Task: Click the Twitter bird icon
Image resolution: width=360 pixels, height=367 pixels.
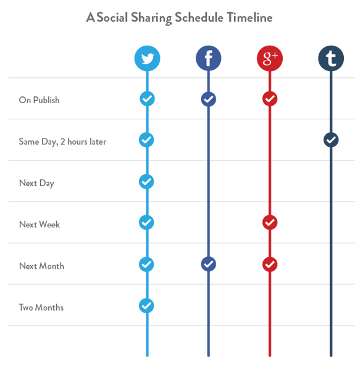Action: (147, 58)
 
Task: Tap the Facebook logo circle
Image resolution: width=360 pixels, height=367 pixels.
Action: (208, 58)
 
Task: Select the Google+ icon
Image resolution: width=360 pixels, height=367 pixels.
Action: (270, 58)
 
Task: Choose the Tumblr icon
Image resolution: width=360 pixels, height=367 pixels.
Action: (331, 58)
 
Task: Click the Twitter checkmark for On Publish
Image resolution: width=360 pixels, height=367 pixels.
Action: (147, 98)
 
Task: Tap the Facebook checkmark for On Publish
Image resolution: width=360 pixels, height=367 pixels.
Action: (208, 99)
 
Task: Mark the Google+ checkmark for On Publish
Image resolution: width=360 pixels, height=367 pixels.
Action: (270, 99)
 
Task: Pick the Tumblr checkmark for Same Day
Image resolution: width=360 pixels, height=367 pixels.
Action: (331, 140)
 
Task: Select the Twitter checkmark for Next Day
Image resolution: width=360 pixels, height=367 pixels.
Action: (146, 181)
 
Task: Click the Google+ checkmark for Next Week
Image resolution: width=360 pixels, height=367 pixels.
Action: (270, 222)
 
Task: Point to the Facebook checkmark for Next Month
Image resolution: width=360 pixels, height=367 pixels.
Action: (208, 264)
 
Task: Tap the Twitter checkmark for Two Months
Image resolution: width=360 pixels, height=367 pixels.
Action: (146, 305)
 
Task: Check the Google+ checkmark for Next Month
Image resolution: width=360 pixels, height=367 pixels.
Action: (270, 264)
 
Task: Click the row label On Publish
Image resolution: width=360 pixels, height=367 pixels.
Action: (39, 100)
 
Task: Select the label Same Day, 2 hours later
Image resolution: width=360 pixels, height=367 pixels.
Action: (62, 141)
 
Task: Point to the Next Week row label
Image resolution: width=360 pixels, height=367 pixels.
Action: (40, 224)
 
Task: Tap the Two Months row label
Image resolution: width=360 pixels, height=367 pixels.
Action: (41, 307)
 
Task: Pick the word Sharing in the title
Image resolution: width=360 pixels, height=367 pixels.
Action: (151, 18)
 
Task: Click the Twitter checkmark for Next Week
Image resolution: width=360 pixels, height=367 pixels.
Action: (146, 222)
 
